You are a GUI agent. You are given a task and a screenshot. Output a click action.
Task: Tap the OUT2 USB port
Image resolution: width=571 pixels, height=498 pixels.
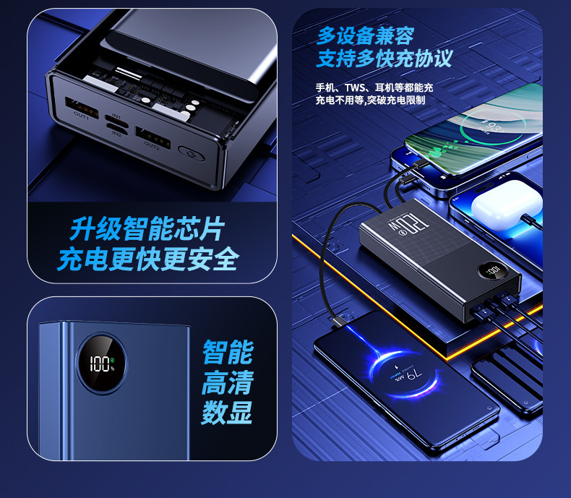tap(150, 136)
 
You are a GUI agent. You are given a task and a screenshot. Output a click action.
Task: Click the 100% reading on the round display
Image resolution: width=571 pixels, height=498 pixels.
tap(99, 364)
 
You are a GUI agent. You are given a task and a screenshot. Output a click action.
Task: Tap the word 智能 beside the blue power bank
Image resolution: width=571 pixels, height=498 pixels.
tap(228, 353)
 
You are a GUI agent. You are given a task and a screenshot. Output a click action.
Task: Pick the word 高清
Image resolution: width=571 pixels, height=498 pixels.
tap(228, 382)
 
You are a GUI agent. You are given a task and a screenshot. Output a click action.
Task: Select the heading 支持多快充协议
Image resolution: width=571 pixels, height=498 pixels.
tap(384, 59)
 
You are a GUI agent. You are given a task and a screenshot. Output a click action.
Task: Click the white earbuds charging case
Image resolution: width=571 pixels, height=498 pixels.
tap(501, 205)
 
